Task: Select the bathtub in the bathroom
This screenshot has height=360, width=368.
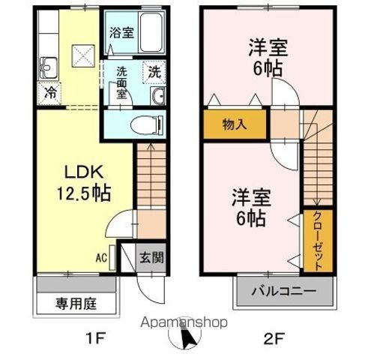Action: [x=150, y=34]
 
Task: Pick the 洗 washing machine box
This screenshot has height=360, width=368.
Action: [x=153, y=73]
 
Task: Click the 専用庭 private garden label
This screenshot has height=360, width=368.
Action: [x=76, y=305]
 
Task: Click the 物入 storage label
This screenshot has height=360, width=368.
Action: [x=234, y=124]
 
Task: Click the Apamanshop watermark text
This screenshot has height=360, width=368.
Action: [x=184, y=323]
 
